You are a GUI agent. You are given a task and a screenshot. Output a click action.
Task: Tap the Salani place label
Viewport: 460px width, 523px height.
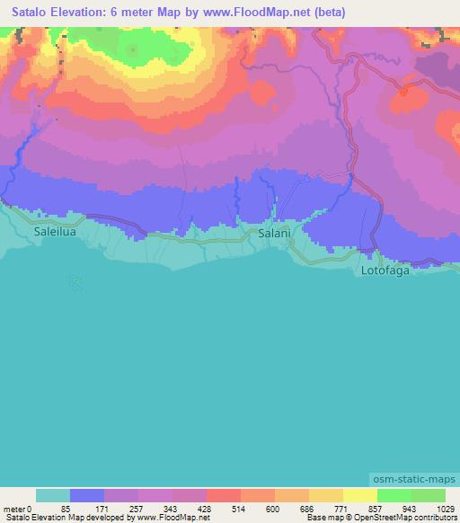(x=274, y=233)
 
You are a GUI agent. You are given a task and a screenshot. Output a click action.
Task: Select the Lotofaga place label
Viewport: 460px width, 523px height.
(x=385, y=270)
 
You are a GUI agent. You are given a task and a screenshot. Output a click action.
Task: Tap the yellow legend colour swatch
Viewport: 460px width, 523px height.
(x=360, y=495)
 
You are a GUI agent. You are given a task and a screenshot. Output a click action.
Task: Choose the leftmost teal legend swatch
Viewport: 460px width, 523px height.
(x=53, y=495)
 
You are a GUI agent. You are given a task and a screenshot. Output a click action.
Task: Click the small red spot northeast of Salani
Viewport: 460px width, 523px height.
(x=403, y=91)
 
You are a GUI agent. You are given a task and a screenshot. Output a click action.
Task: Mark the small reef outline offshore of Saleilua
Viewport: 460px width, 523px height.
(x=75, y=282)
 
